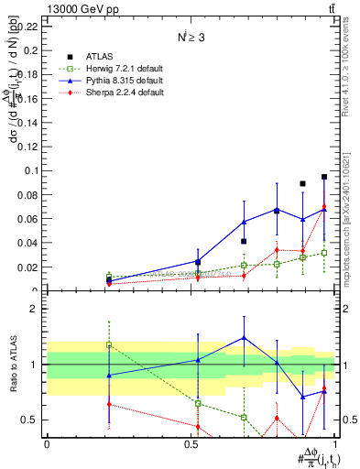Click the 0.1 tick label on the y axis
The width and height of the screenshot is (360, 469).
32,170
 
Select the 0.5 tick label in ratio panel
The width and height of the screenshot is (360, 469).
33,420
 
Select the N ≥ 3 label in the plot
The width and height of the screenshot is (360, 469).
191,38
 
